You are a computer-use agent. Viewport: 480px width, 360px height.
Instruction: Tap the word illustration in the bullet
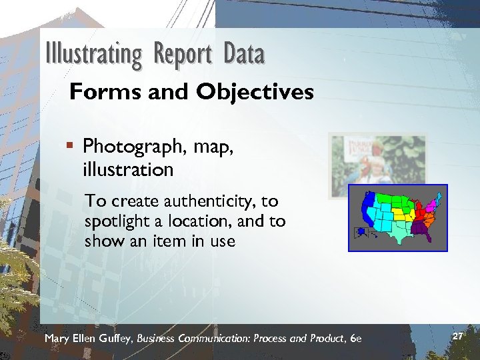[129, 169]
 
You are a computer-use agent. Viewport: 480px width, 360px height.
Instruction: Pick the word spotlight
[118, 221]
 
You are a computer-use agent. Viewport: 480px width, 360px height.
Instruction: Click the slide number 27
[457, 337]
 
